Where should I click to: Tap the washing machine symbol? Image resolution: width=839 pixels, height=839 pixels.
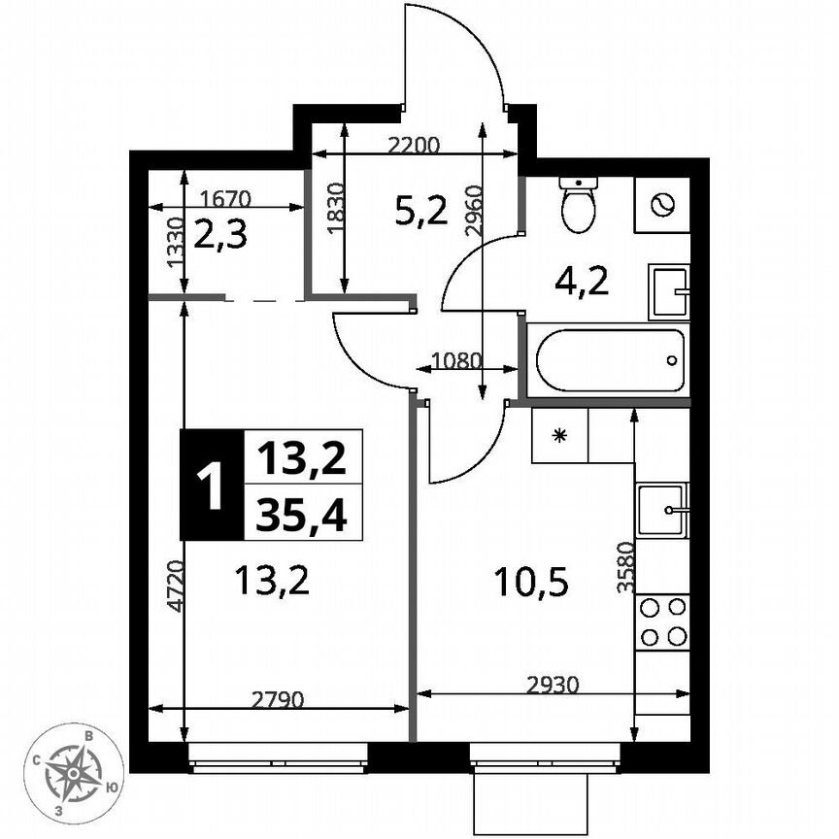pyautogui.click(x=661, y=206)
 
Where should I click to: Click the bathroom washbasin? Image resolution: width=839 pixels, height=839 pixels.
pyautogui.click(x=669, y=292)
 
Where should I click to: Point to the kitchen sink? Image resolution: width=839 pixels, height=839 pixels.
pyautogui.click(x=662, y=510)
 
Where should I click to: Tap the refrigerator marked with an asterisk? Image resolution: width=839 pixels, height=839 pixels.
pyautogui.click(x=559, y=435)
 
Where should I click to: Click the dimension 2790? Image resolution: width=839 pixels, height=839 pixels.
pyautogui.click(x=279, y=698)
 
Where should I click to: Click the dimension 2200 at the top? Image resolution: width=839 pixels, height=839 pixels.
pyautogui.click(x=414, y=146)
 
